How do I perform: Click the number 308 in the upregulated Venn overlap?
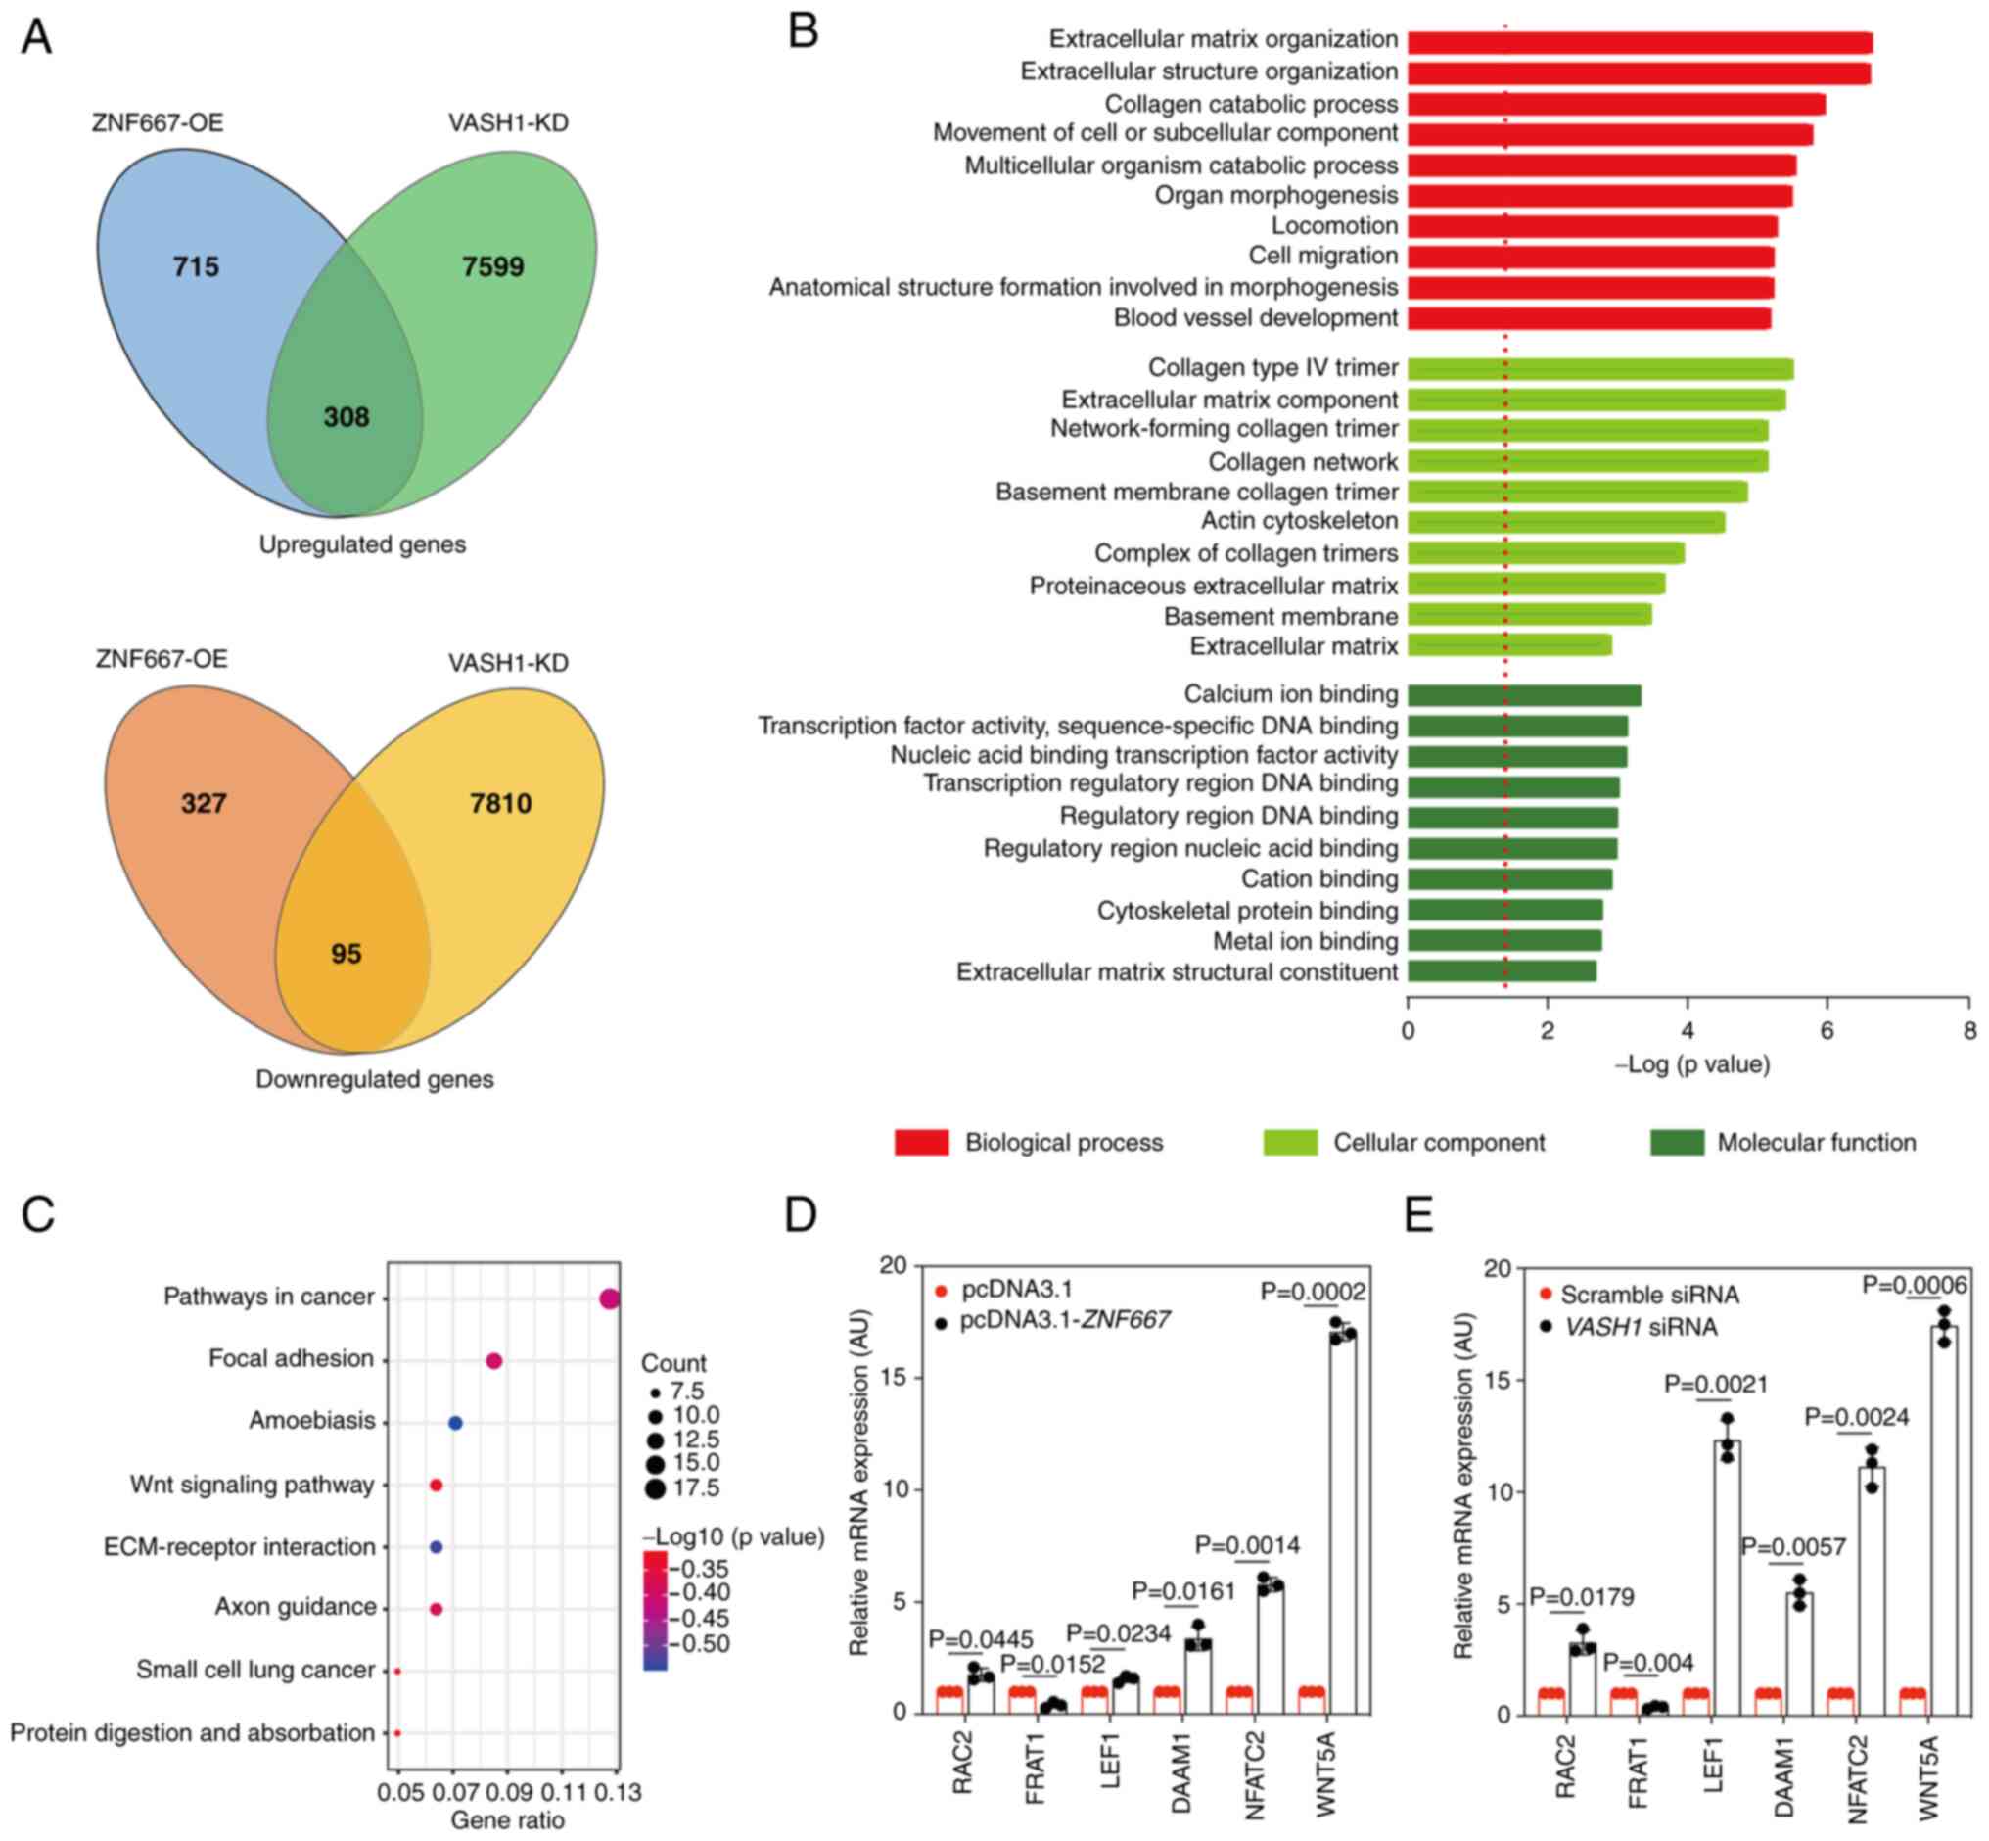pyautogui.click(x=346, y=416)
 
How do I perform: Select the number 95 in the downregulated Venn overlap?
pyautogui.click(x=346, y=954)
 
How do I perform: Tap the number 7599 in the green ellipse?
pyautogui.click(x=492, y=266)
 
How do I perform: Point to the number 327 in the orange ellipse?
pyautogui.click(x=204, y=803)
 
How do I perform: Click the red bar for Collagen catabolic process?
pyautogui.click(x=1615, y=104)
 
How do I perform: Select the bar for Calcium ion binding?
pyautogui.click(x=1524, y=695)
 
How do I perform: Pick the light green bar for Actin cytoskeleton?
pyautogui.click(x=1566, y=522)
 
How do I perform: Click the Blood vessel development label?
pyautogui.click(x=1255, y=318)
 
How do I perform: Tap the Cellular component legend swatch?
pyautogui.click(x=1289, y=1142)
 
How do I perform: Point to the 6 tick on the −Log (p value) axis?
pyautogui.click(x=1827, y=1031)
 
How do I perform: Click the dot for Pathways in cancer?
pyautogui.click(x=610, y=1299)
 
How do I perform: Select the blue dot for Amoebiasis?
pyautogui.click(x=455, y=1423)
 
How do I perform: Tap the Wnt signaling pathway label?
pyautogui.click(x=252, y=1485)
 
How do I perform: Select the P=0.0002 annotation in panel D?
pyautogui.click(x=1313, y=1291)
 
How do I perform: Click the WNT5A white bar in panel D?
pyautogui.click(x=1343, y=1524)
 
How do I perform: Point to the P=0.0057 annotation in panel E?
pyautogui.click(x=1793, y=1547)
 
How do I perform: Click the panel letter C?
pyautogui.click(x=38, y=1214)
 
